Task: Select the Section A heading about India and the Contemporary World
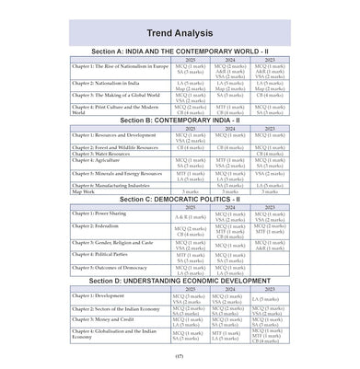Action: pyautogui.click(x=180, y=52)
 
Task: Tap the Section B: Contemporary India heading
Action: pyautogui.click(x=180, y=121)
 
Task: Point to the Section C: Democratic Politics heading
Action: pyautogui.click(x=180, y=198)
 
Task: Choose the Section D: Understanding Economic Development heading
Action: pyautogui.click(x=180, y=280)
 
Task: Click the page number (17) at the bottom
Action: pyautogui.click(x=180, y=356)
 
